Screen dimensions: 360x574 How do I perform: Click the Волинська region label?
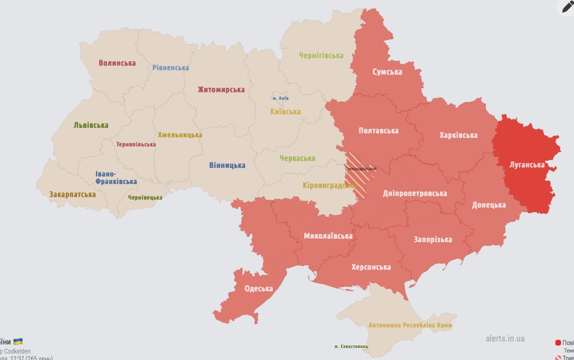pos(117,63)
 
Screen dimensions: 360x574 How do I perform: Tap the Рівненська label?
pos(170,68)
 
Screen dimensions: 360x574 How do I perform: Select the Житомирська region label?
pos(221,90)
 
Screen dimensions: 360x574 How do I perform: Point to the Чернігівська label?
pos(321,56)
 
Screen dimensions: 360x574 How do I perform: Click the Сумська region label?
pos(387,72)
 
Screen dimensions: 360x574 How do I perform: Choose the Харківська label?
pos(458,135)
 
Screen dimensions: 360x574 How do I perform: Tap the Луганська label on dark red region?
pos(526,164)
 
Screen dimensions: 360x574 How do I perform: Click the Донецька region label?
pos(488,205)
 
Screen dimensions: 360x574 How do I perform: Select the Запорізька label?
pos(433,240)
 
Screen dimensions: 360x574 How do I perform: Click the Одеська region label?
pos(258,289)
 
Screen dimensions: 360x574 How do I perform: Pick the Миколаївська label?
pos(328,236)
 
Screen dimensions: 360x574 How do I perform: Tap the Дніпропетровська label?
pos(415,194)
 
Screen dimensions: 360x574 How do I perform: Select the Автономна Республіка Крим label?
pos(410,325)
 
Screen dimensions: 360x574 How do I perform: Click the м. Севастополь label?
pos(351,346)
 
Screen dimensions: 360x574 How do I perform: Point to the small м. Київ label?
pos(280,98)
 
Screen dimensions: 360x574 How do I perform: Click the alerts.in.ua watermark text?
pos(505,339)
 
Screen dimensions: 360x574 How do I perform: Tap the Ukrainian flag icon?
pos(18,342)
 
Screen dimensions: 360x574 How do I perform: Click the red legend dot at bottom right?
pos(558,343)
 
